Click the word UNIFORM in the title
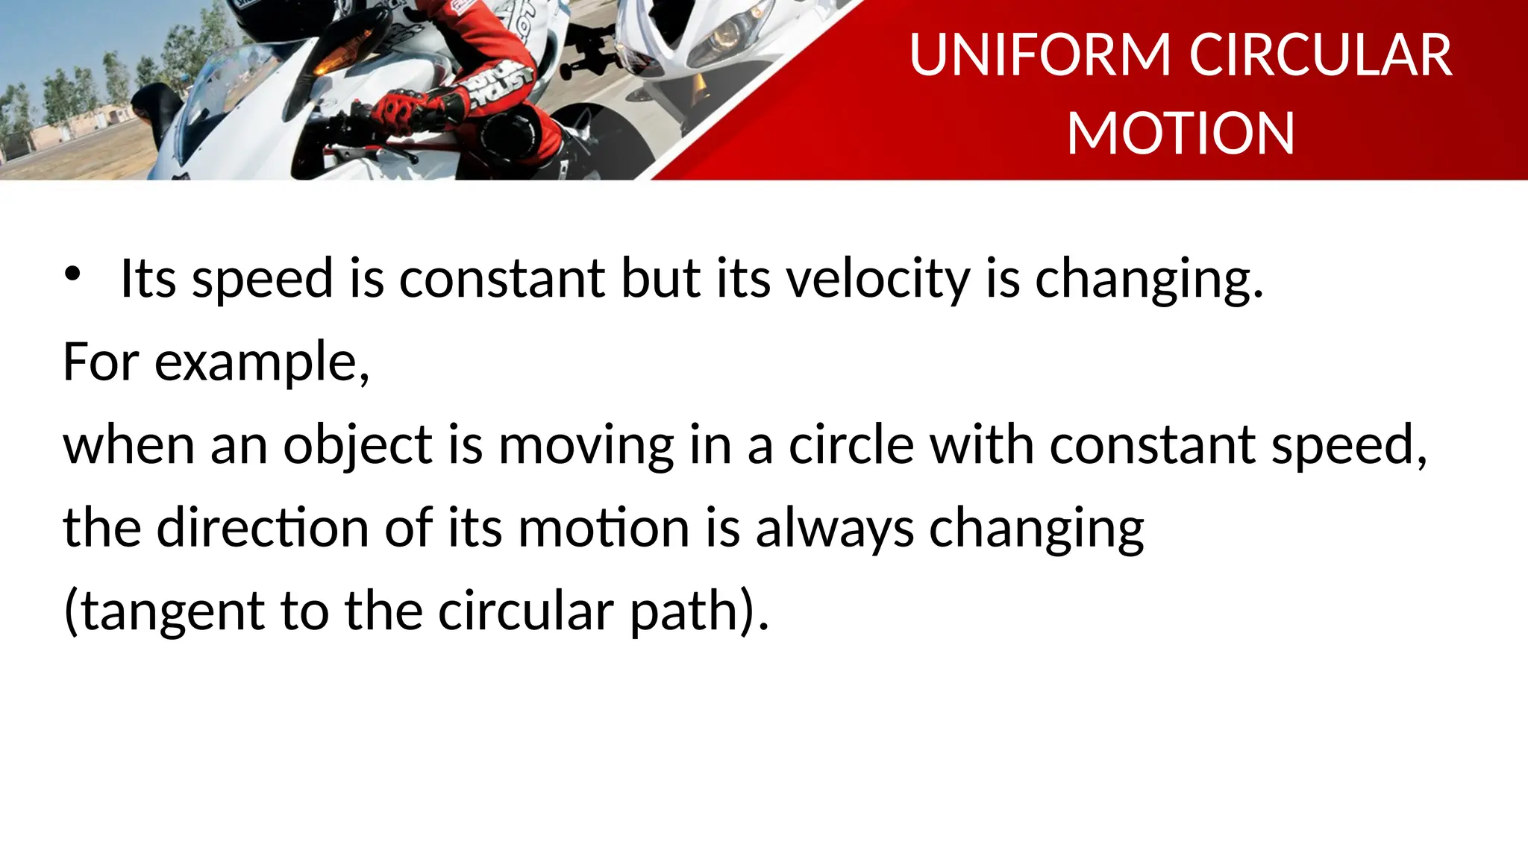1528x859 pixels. click(x=1040, y=55)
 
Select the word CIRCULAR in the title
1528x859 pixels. click(x=1320, y=55)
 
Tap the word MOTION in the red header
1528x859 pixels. click(x=1180, y=133)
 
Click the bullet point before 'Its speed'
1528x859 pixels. click(x=72, y=274)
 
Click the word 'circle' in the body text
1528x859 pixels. click(x=851, y=445)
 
